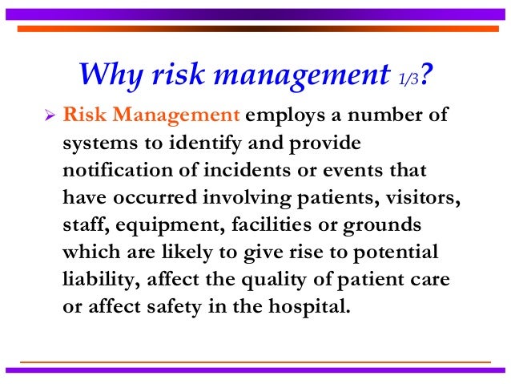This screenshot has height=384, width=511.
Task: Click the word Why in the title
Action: point(110,75)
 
